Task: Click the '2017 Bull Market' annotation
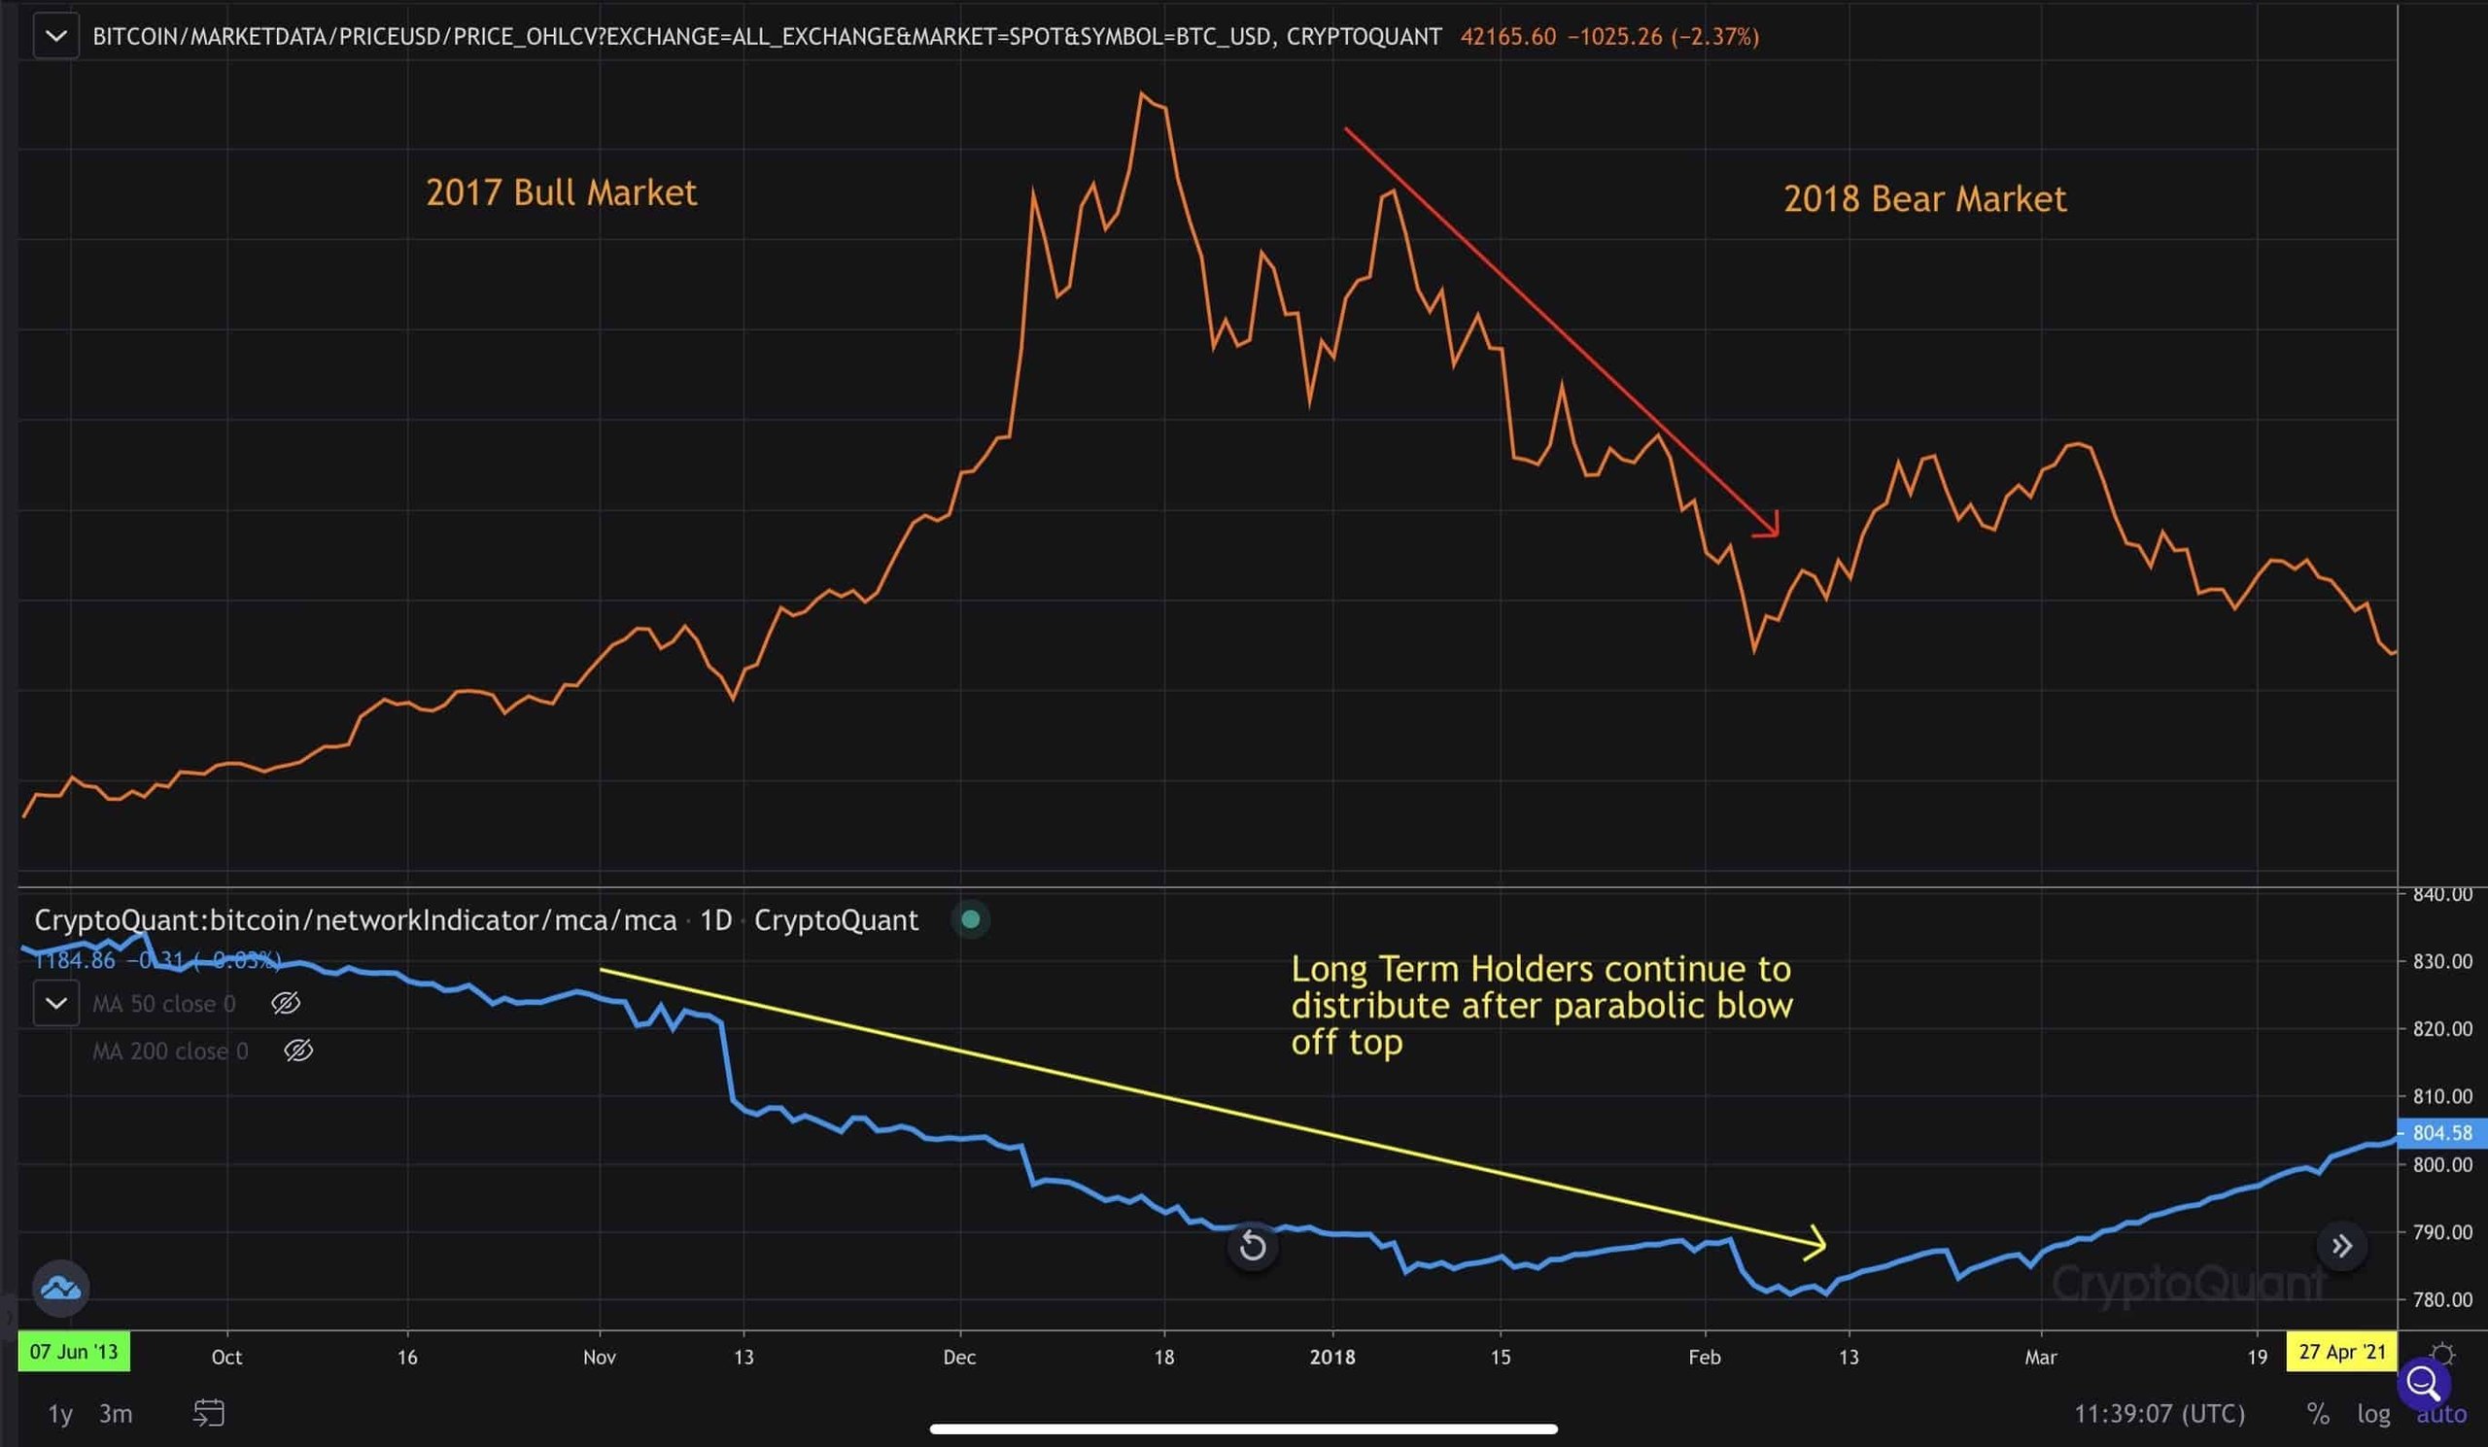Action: point(561,192)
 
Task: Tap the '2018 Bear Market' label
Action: point(1924,199)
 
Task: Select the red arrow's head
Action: point(1771,529)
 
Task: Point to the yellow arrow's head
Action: point(1816,1243)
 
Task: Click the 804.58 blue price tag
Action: point(2442,1133)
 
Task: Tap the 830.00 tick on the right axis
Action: point(2442,961)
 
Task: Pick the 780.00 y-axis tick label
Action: point(2442,1300)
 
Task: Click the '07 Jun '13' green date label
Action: point(73,1351)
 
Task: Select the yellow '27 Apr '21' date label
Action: point(2342,1351)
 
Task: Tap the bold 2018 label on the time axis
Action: point(1331,1358)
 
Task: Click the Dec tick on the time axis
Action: point(958,1358)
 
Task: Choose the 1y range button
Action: point(60,1413)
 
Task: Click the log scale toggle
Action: point(2373,1413)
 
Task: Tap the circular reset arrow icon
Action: point(1252,1246)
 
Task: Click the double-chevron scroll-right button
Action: point(2341,1246)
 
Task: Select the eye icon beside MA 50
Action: point(286,1004)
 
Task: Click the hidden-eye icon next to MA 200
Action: point(298,1051)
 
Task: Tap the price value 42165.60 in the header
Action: point(1507,37)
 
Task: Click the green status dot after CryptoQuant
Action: point(971,920)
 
